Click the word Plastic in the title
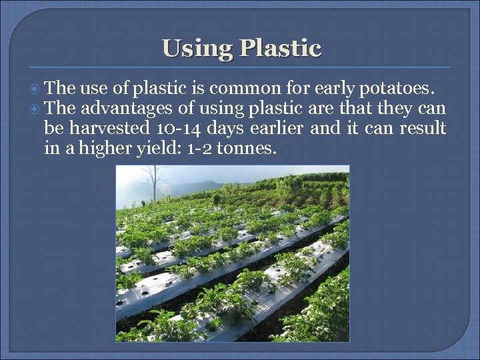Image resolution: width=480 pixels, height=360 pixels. pos(280,47)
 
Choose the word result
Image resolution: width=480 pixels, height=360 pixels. pos(423,128)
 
